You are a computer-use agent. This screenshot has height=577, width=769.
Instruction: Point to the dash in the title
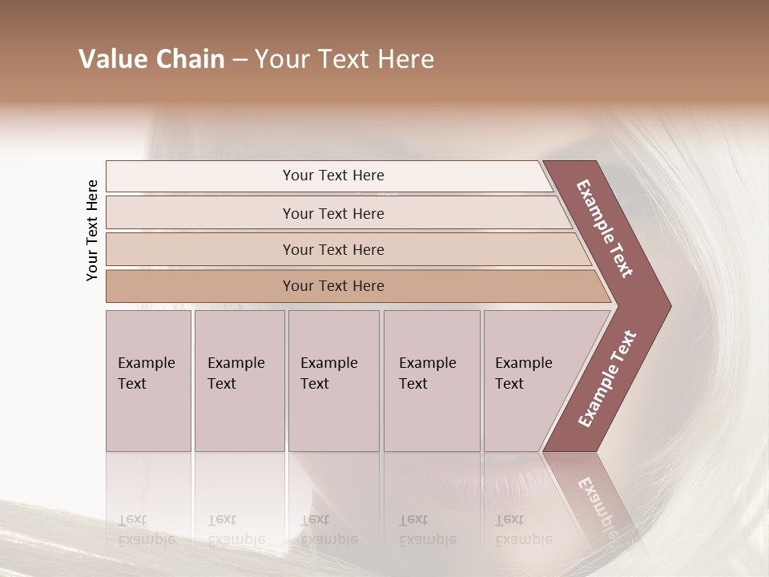tap(239, 59)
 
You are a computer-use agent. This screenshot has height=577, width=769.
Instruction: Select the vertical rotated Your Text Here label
tap(92, 230)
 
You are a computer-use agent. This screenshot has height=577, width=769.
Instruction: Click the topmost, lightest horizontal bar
tap(332, 176)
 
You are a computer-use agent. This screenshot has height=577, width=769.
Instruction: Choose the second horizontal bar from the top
tap(332, 213)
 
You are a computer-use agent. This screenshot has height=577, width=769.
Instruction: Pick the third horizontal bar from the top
tap(332, 249)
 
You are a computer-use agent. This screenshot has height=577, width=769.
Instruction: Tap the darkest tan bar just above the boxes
tap(332, 286)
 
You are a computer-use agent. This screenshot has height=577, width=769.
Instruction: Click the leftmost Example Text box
tap(148, 381)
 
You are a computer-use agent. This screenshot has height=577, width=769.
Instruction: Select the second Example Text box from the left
tap(239, 381)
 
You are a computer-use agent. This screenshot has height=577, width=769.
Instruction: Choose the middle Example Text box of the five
tap(333, 381)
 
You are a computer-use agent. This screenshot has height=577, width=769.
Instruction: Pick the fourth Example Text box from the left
tap(431, 381)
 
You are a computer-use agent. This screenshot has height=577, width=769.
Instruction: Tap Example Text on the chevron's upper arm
tap(605, 228)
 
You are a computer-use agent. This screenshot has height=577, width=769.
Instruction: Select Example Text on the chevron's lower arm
tap(607, 379)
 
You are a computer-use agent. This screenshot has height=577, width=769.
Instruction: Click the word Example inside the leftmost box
tap(147, 363)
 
